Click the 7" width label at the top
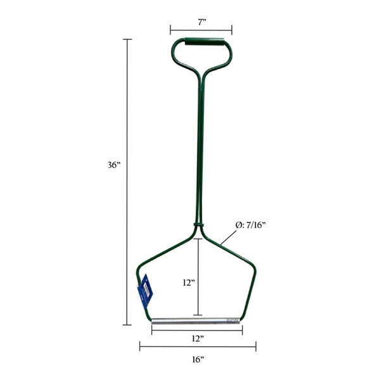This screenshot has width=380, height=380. coord(201,22)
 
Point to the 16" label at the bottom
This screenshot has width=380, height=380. coord(198,359)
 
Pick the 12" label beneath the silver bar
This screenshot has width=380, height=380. coord(198,339)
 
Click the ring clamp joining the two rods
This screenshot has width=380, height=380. coord(198,225)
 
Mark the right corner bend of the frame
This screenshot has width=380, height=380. coord(255,267)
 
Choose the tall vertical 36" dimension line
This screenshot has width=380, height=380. coord(129,184)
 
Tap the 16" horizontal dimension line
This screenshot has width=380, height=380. coord(198,346)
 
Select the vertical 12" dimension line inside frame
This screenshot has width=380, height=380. coord(198,279)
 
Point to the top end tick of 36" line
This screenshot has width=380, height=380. coord(129,39)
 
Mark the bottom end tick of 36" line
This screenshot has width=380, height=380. coord(129,325)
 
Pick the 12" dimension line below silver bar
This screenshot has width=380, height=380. coord(198,329)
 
